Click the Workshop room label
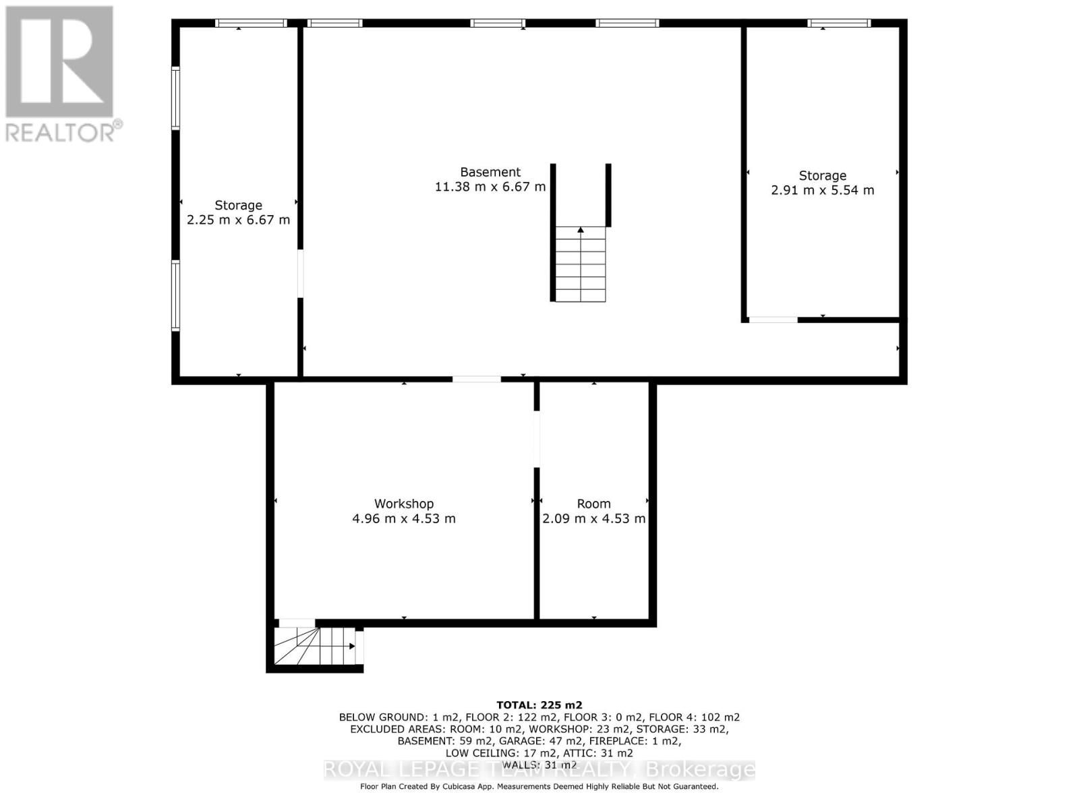404,504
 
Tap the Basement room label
490,172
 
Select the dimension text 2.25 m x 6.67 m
238,220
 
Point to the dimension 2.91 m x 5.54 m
822,190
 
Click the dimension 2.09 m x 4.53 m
593,518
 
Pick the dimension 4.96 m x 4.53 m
404,518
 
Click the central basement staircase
581,264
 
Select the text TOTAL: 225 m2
539,705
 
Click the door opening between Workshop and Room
537,439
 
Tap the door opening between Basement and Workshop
476,380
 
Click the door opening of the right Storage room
773,320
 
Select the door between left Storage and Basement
300,274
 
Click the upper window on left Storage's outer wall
175,98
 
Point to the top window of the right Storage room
839,24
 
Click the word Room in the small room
593,504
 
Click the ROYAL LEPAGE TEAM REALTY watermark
539,769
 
